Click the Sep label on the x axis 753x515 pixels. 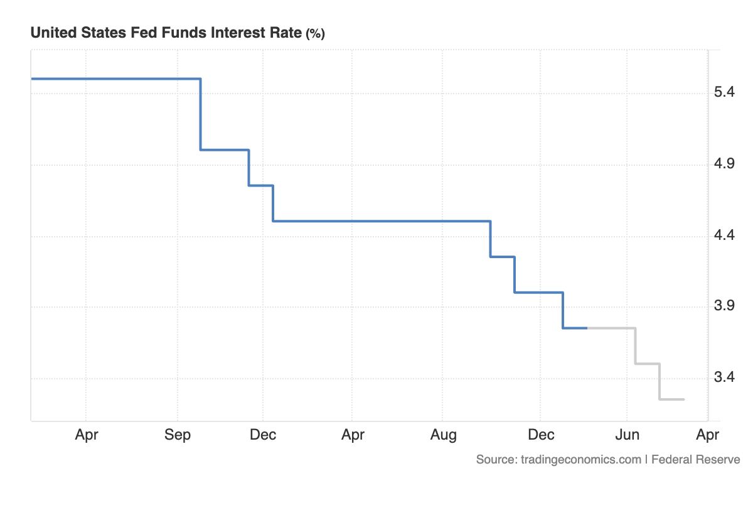pos(178,435)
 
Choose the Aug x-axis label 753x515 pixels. pos(443,435)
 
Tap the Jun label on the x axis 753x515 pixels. pos(627,435)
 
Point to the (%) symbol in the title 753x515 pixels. pos(314,34)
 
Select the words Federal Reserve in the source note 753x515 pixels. pos(695,459)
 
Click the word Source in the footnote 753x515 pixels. pos(495,459)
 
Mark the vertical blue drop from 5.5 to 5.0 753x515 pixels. pos(200,114)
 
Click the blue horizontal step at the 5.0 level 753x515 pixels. pos(225,149)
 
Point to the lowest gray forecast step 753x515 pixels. pos(671,399)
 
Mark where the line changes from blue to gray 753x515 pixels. pos(587,328)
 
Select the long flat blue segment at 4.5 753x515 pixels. pos(382,221)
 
